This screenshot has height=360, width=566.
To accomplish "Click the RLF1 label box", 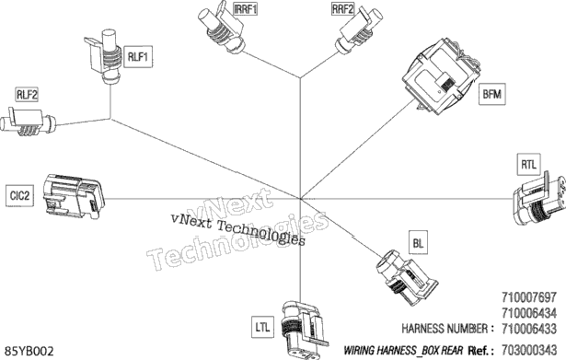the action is coord(138,57).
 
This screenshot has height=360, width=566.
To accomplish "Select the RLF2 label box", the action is coord(27,95).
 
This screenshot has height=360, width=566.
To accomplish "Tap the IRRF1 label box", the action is coord(246,8).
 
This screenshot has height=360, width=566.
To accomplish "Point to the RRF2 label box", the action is coord(342,8).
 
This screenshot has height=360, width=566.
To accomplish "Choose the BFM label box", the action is coord(492,94).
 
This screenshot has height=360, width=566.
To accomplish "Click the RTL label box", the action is coord(528,165).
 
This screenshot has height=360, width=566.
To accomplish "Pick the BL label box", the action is coord(418,243).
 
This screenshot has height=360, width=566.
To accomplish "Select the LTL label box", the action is coord(262,327).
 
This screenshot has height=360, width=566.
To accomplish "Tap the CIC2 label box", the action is coord(19,196).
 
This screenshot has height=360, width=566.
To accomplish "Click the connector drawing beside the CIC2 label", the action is coord(74,197).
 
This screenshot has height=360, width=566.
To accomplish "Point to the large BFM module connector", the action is coord(441,76).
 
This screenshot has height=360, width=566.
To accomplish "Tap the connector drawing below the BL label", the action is coord(406,276).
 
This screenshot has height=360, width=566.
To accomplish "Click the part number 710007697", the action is coord(529,297).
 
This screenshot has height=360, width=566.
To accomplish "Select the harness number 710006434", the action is coord(529,313).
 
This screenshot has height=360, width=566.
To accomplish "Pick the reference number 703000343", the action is coord(529,350).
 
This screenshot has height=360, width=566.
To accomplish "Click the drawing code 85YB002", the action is coord(29,351).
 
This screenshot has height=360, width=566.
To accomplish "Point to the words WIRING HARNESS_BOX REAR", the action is coord(403,350).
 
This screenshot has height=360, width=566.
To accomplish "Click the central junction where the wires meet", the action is coord(300,198).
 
